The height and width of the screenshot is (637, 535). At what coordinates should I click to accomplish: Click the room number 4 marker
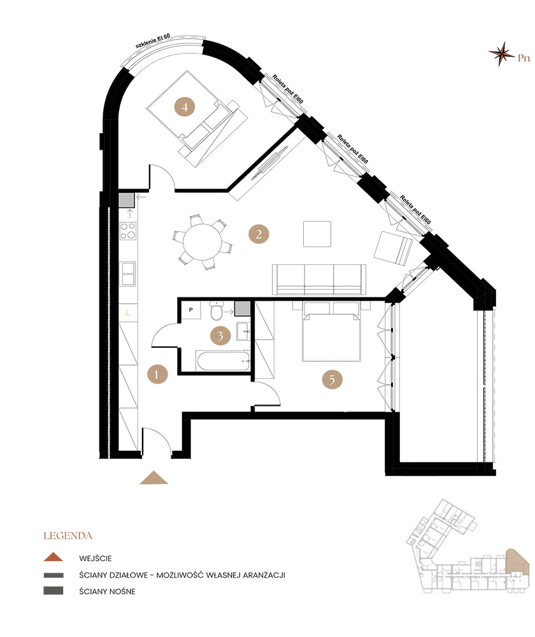185,107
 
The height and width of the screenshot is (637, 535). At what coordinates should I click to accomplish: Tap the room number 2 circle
259,234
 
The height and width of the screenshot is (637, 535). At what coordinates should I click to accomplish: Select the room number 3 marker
220,336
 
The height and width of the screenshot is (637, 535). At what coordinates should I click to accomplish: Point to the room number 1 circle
157,374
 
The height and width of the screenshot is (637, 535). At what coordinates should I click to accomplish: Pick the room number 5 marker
332,379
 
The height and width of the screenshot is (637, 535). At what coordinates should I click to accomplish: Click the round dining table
203,243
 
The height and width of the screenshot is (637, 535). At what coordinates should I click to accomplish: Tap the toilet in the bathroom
217,311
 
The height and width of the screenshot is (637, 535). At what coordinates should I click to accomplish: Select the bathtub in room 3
224,361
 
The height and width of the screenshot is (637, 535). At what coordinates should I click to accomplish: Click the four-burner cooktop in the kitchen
128,231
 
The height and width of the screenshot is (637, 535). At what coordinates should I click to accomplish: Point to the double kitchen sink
129,274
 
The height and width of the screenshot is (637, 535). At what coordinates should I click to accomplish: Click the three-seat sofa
319,280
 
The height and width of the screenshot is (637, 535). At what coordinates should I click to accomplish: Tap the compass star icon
501,54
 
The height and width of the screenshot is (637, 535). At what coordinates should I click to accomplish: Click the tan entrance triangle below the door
153,478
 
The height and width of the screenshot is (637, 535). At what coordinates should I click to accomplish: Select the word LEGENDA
68,536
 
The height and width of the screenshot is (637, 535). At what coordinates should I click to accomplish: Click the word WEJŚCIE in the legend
96,559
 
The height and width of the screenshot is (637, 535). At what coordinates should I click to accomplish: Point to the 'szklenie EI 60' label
153,41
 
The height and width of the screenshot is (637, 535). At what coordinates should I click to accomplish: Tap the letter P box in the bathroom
191,310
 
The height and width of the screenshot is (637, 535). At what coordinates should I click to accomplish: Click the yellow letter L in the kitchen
128,313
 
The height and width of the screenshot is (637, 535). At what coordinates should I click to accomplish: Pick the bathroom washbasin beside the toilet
243,333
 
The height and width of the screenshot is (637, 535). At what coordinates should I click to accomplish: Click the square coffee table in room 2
317,234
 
